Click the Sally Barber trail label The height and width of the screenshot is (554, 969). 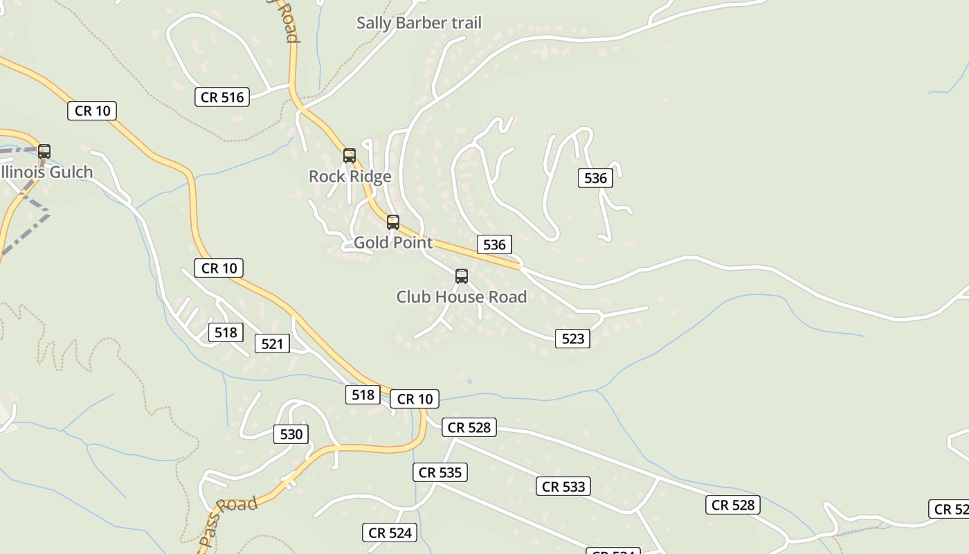(x=419, y=23)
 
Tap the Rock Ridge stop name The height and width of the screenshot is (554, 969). (x=350, y=177)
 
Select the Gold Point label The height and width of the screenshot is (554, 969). (x=392, y=242)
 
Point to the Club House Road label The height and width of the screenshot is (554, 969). (x=461, y=296)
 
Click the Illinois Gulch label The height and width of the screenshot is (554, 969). (x=47, y=172)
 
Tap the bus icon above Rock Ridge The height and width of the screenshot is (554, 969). (x=350, y=155)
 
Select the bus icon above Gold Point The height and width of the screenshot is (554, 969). (x=393, y=222)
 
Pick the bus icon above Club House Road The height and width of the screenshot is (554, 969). (x=462, y=276)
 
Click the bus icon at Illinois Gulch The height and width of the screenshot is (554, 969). (x=44, y=151)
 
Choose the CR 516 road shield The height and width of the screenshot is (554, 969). (x=222, y=97)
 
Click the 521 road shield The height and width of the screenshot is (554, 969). (x=272, y=343)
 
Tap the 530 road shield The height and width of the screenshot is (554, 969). (x=291, y=434)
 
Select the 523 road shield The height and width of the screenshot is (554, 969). (x=573, y=339)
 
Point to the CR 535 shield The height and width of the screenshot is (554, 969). (x=441, y=473)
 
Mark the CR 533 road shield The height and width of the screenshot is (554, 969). (x=563, y=486)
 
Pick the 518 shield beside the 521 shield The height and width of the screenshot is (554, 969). (x=226, y=332)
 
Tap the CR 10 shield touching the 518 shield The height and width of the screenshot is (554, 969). (x=415, y=399)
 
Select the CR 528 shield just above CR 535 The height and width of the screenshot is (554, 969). (x=469, y=427)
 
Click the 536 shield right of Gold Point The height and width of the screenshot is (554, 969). (x=494, y=244)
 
